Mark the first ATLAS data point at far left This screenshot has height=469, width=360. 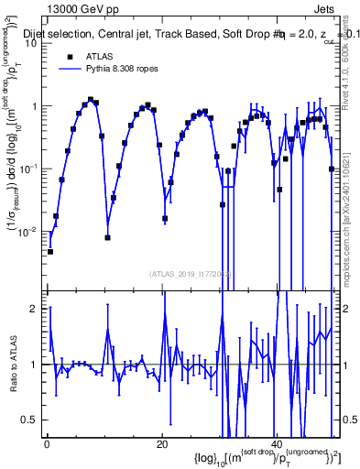50,251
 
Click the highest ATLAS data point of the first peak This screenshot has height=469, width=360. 90,100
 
